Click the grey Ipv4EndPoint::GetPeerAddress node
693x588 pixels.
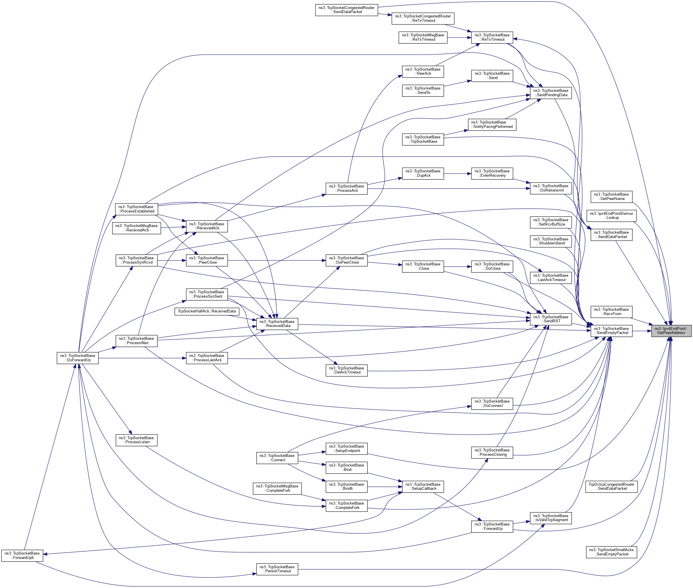click(x=671, y=331)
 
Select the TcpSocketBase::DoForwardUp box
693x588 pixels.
click(x=78, y=358)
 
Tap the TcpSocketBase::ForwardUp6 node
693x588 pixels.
click(x=22, y=555)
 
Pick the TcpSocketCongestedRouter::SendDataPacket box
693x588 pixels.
click(x=346, y=10)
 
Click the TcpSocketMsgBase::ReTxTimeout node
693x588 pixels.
click(x=423, y=37)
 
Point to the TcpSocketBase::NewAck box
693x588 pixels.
click(x=423, y=71)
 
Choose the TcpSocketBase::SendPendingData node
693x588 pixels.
click(x=551, y=93)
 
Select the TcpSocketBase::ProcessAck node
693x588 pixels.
click(x=346, y=188)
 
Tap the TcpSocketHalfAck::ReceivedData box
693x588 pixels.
click(x=207, y=311)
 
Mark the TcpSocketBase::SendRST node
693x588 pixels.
click(x=551, y=319)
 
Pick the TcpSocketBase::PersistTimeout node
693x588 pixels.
click(x=277, y=569)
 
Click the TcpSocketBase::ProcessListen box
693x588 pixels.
click(x=136, y=440)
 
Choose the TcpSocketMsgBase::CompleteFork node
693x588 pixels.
click(x=277, y=488)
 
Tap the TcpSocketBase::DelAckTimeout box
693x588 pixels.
click(x=346, y=370)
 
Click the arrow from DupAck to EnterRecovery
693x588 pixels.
click(x=457, y=174)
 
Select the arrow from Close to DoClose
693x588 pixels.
click(x=457, y=267)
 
